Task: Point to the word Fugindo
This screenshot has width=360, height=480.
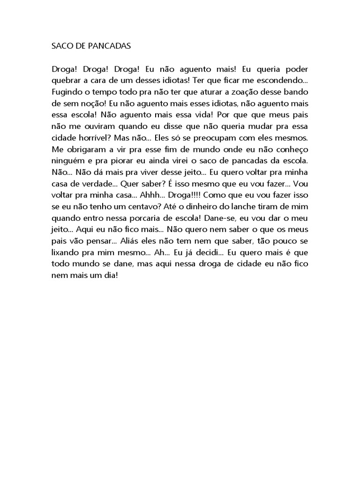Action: tap(66, 91)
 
